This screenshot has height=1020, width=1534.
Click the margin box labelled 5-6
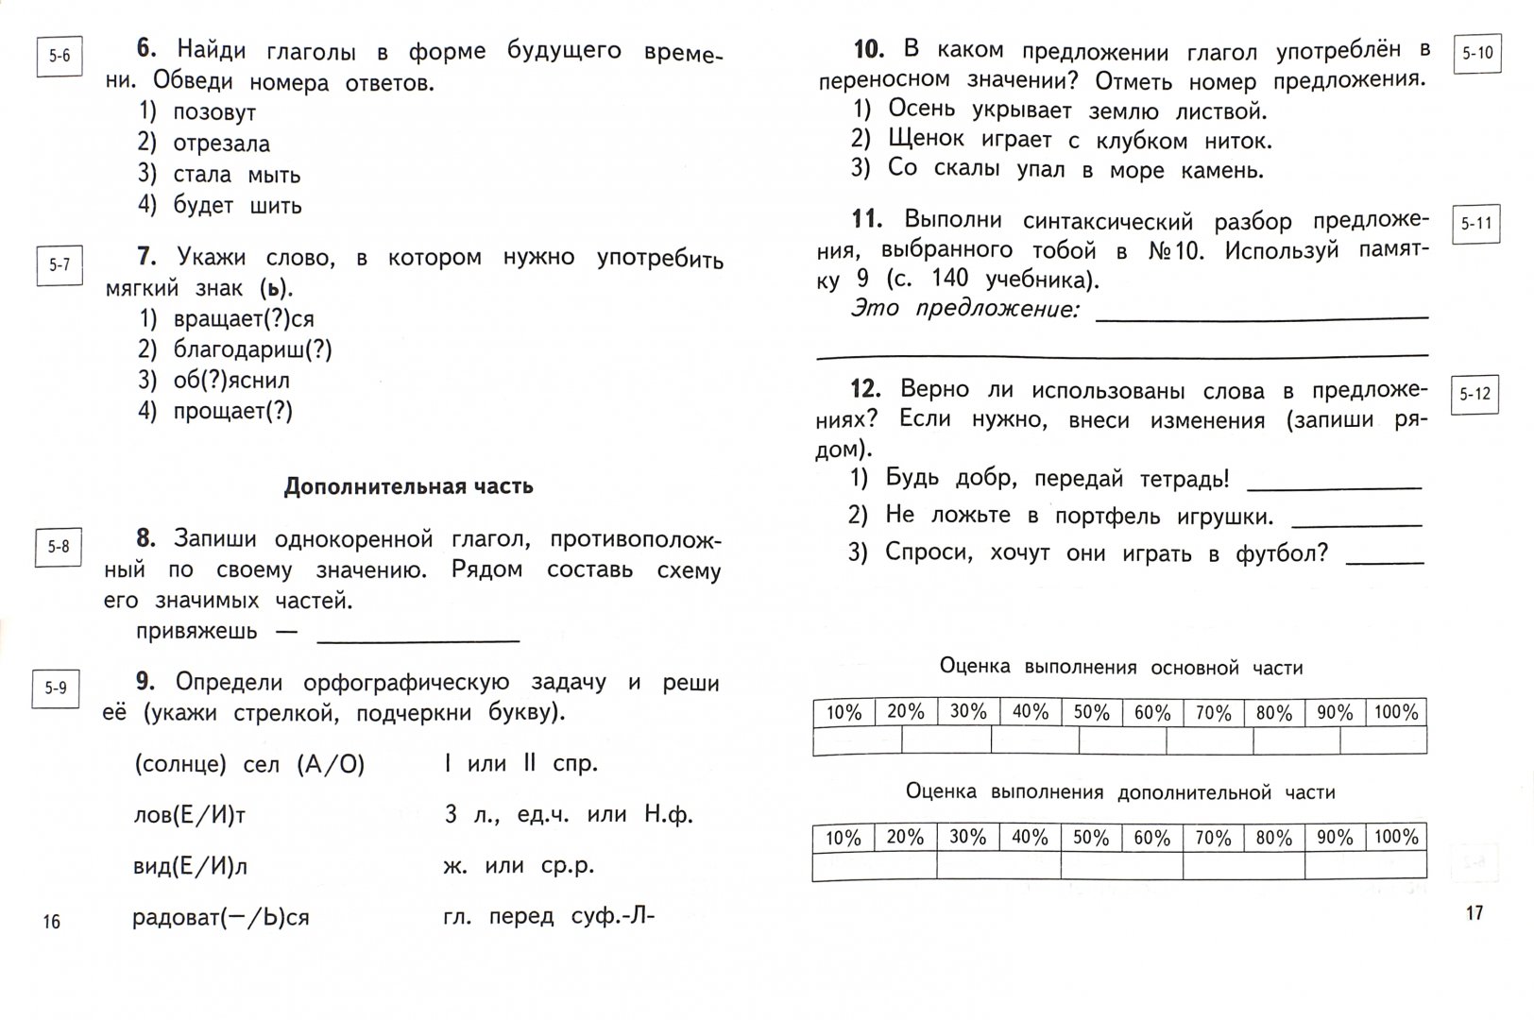tap(60, 56)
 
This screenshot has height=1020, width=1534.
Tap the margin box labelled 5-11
tap(1475, 224)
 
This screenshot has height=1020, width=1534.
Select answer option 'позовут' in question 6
tap(213, 112)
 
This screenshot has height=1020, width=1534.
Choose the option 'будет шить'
tap(237, 205)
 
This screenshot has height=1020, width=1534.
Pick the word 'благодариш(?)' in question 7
tap(252, 349)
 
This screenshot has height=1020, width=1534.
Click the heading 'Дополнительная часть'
tap(408, 486)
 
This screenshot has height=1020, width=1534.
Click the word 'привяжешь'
tap(196, 631)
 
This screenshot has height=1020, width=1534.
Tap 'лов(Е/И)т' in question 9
tap(190, 814)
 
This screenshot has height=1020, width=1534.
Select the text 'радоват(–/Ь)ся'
tap(221, 917)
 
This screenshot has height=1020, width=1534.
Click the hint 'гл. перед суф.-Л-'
tap(548, 916)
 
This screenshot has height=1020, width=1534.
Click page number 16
tap(52, 921)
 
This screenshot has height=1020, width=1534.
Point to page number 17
tap(1474, 912)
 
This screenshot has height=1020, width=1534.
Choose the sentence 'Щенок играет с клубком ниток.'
tap(1080, 140)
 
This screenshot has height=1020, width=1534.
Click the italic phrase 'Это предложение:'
tap(964, 309)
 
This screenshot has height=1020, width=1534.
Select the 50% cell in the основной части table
tap(1091, 712)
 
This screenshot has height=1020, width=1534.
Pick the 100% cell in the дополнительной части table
tap(1396, 837)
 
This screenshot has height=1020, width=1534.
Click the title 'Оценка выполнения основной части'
tap(1120, 668)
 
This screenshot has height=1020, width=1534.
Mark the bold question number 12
tap(865, 389)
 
